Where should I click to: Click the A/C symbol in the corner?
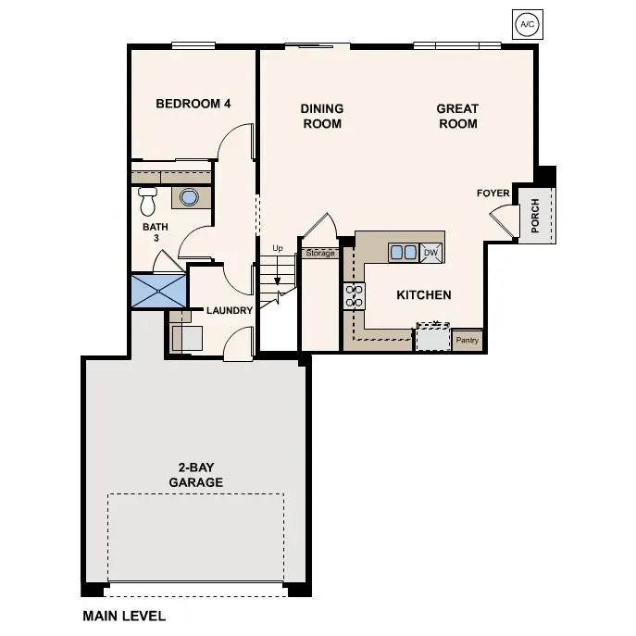[525, 24]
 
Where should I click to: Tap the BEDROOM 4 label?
[193, 104]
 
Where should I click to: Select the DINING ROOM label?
[321, 116]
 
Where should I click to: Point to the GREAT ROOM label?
[457, 116]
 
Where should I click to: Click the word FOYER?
[493, 193]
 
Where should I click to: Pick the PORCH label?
[536, 215]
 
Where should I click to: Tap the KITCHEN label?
[423, 295]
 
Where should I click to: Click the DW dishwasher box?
[430, 252]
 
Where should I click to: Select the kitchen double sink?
[403, 252]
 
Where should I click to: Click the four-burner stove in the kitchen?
[355, 296]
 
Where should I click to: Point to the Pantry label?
[468, 341]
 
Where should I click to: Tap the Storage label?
[320, 253]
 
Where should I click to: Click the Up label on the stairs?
[277, 248]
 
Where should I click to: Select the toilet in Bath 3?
[147, 200]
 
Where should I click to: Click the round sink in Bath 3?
[190, 197]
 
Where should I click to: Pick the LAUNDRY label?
[229, 310]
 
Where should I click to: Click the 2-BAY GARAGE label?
[195, 475]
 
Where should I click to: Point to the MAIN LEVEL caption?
[123, 615]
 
